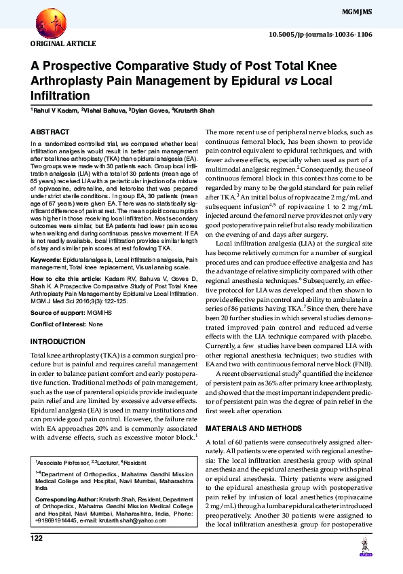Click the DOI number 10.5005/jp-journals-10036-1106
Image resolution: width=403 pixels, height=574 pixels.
tap(320, 34)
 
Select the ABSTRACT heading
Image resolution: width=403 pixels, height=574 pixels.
tap(50, 132)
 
